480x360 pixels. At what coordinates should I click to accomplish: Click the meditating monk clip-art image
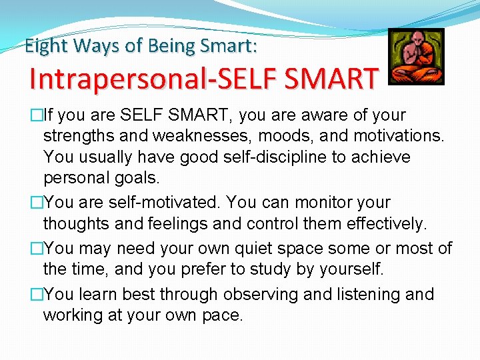coord(416,57)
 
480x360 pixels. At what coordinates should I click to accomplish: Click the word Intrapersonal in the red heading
coord(114,79)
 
